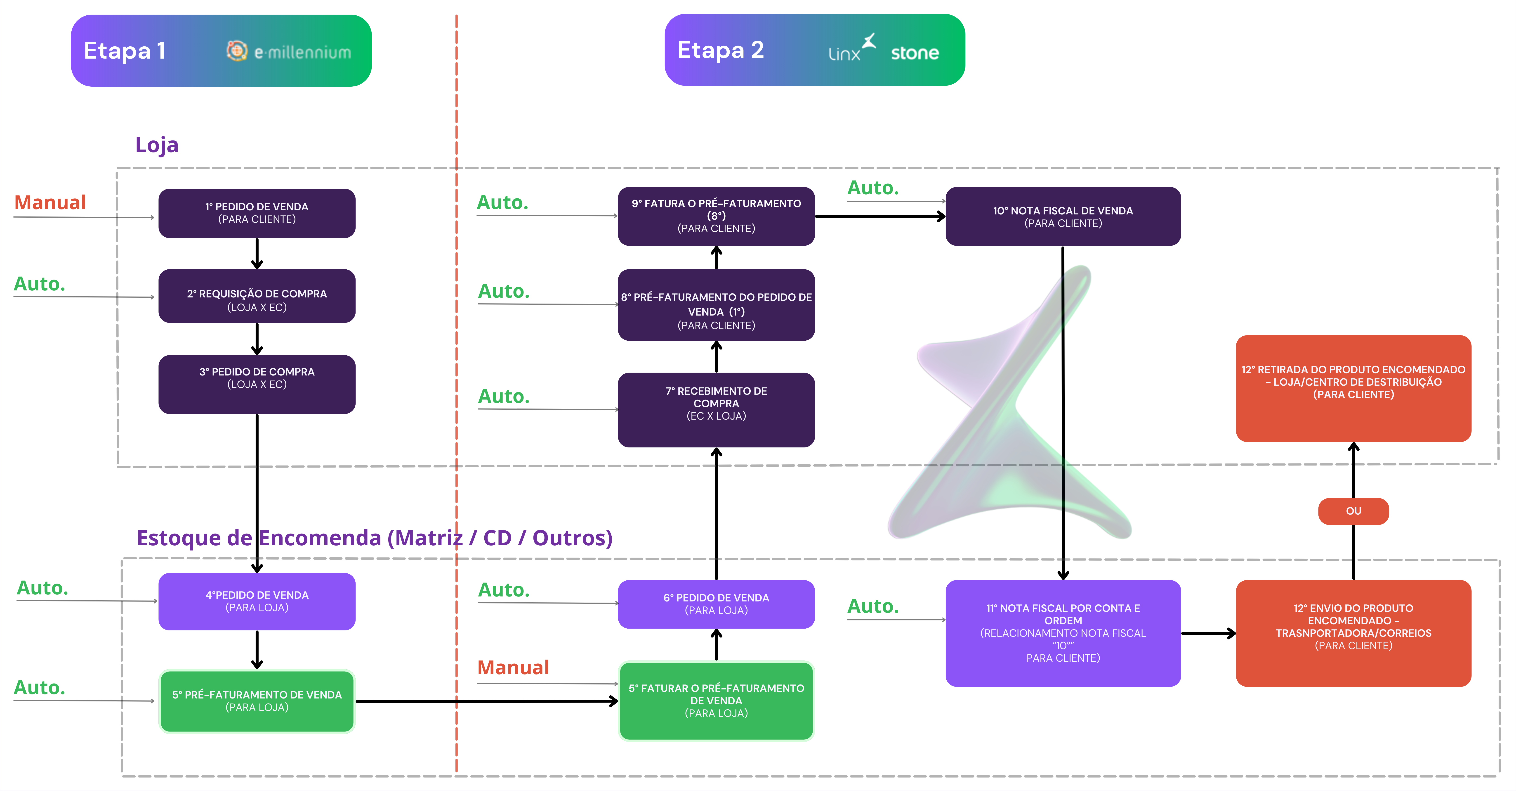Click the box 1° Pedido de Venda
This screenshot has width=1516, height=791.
[257, 213]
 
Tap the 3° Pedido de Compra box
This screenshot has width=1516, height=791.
[257, 384]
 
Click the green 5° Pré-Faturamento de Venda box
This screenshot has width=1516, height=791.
[257, 701]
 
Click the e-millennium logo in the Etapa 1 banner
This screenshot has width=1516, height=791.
[288, 52]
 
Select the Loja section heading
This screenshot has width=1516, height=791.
[157, 145]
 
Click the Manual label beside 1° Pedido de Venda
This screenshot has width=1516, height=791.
[50, 203]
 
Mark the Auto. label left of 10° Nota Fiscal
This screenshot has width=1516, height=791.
[873, 188]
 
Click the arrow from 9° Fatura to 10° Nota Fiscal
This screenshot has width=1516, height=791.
[880, 216]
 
